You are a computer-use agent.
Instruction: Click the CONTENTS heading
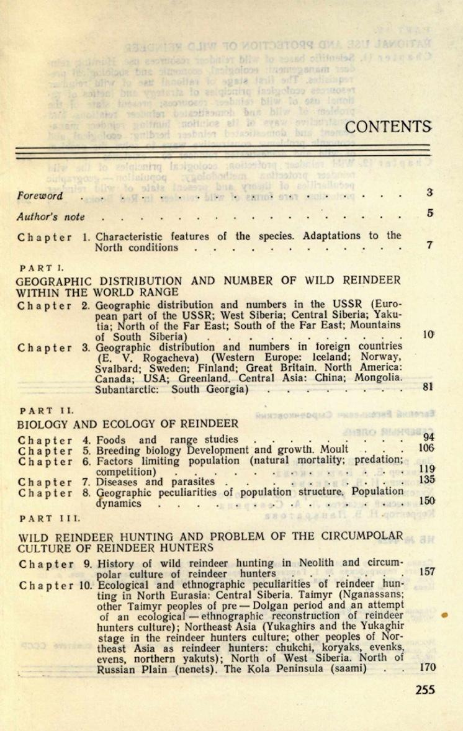pyautogui.click(x=387, y=127)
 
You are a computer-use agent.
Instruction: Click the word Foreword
pyautogui.click(x=40, y=195)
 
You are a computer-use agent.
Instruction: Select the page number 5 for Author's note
pyautogui.click(x=429, y=213)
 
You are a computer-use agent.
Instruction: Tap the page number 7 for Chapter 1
pyautogui.click(x=429, y=245)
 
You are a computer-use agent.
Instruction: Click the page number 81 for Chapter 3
pyautogui.click(x=426, y=387)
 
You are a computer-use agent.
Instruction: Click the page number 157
pyautogui.click(x=427, y=572)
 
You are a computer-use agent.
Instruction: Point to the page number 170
pyautogui.click(x=427, y=668)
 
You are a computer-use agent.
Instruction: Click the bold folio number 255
pyautogui.click(x=425, y=689)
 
